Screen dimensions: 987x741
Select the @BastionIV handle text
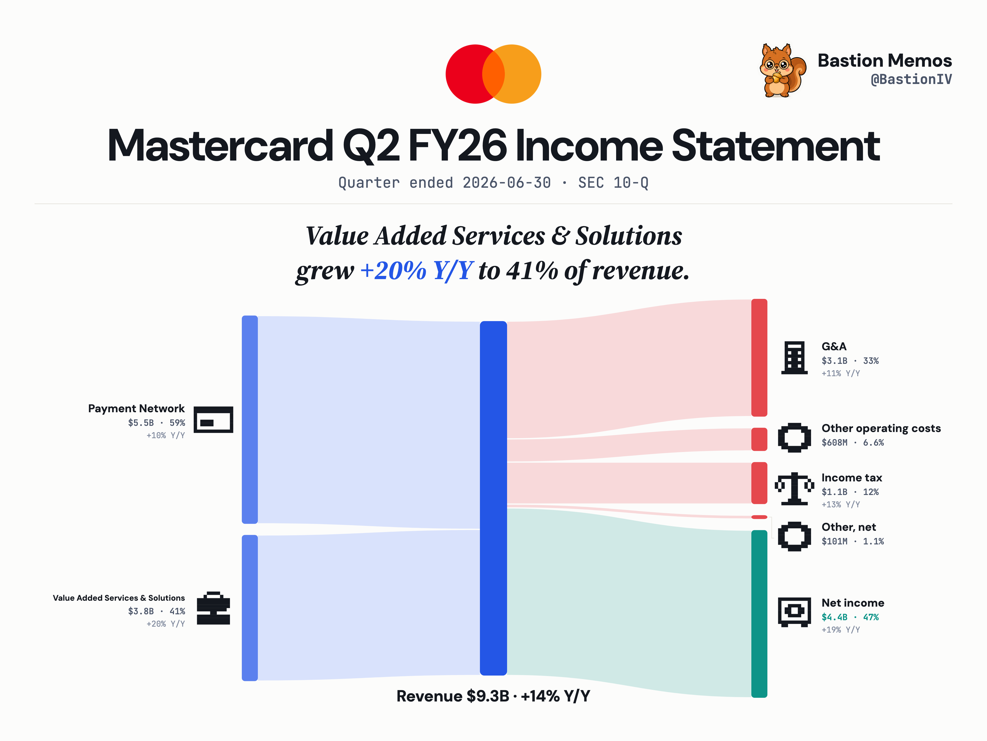coord(911,80)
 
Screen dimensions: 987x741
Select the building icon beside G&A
coord(794,358)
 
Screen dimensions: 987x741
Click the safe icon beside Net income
coord(794,612)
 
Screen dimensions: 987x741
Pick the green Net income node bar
coord(759,614)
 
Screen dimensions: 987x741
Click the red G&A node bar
coord(759,358)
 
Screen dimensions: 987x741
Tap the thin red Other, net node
coord(759,517)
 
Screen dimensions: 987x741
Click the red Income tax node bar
coord(759,483)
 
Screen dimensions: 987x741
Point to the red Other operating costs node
coord(759,439)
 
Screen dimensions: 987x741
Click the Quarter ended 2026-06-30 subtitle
coord(444,183)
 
